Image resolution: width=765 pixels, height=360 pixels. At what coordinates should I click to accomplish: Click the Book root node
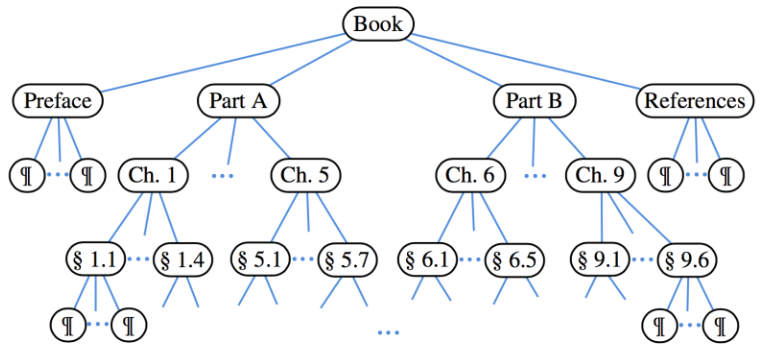378,23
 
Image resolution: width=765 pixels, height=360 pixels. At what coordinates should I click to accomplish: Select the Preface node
58,101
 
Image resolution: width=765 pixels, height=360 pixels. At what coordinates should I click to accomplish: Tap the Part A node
238,101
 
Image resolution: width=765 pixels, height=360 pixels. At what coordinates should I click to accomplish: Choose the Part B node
534,101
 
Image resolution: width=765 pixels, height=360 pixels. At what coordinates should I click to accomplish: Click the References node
694,101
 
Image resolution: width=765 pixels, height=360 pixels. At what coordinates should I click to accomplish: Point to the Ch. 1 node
153,176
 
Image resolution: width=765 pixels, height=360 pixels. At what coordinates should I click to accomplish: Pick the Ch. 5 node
305,176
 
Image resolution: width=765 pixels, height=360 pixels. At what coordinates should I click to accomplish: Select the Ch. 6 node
470,176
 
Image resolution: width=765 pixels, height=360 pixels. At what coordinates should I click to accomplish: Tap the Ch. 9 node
600,176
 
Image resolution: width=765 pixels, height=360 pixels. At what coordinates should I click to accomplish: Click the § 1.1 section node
95,260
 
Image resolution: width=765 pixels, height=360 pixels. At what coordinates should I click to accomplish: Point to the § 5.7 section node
346,260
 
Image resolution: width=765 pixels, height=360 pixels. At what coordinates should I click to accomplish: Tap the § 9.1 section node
603,260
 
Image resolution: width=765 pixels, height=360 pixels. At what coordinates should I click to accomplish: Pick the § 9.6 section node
690,260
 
